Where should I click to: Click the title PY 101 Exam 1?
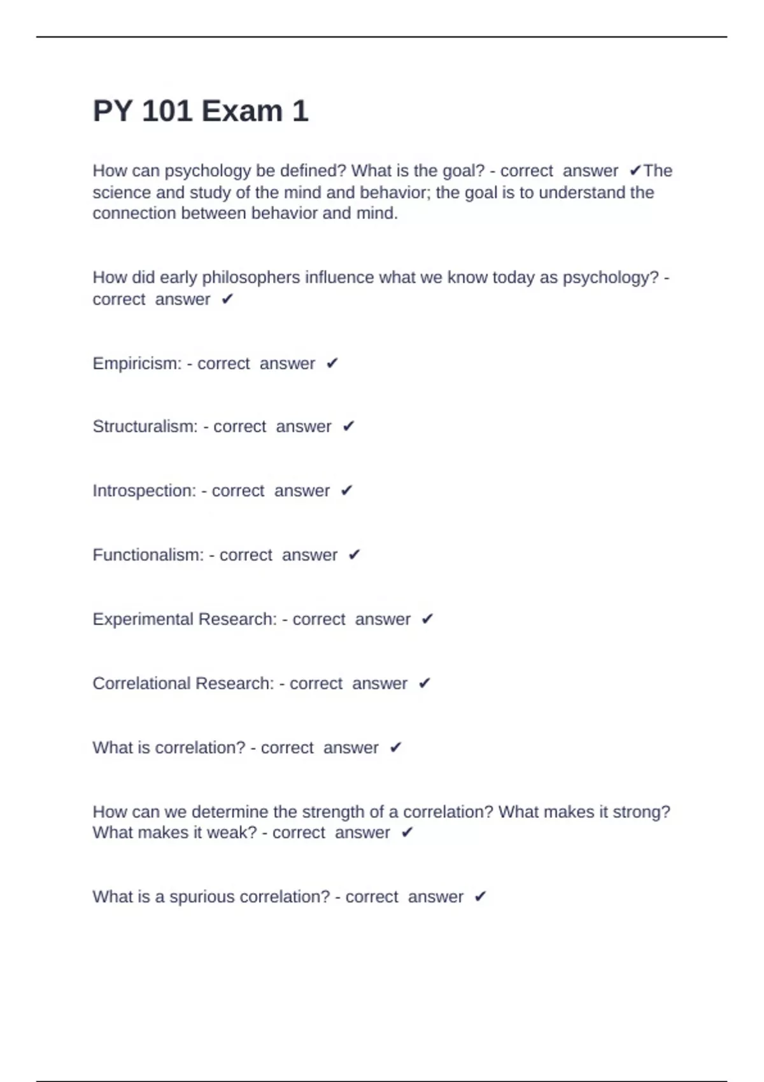coord(201,111)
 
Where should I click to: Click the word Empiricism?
coord(136,363)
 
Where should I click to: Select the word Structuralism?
coord(145,426)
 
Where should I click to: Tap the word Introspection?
coord(144,491)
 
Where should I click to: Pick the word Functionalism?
coord(148,555)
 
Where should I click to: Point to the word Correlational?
coord(141,684)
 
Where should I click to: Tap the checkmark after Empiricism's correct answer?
coord(332,363)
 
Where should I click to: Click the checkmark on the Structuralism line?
coord(348,426)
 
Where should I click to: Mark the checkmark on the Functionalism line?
coord(355,555)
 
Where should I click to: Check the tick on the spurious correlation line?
coord(481,897)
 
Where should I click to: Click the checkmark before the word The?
coord(635,171)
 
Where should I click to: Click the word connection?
coord(134,213)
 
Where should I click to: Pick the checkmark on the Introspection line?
coord(346,491)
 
